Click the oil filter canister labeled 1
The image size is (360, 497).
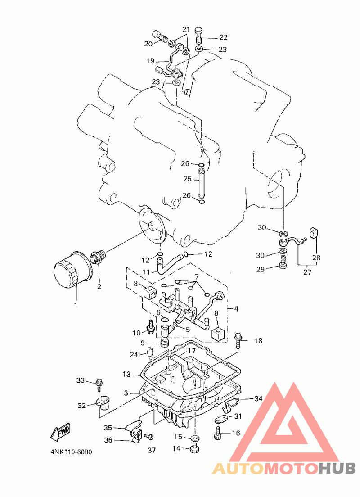pos(72,270)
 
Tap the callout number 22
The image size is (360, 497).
pos(223,37)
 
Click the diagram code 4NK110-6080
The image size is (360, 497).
pos(71,452)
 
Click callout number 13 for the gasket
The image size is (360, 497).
pos(126,375)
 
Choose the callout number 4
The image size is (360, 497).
pos(236,308)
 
